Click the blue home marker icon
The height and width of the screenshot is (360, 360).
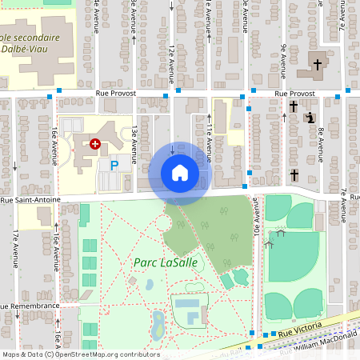[180, 173]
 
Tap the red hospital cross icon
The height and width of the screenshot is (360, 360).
[95, 144]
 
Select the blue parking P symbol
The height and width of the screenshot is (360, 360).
[114, 166]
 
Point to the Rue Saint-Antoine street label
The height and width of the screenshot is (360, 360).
[28, 200]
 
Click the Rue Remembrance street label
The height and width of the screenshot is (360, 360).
[30, 306]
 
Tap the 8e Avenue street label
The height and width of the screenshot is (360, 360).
[320, 141]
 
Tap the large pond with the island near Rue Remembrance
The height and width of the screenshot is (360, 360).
[158, 324]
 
